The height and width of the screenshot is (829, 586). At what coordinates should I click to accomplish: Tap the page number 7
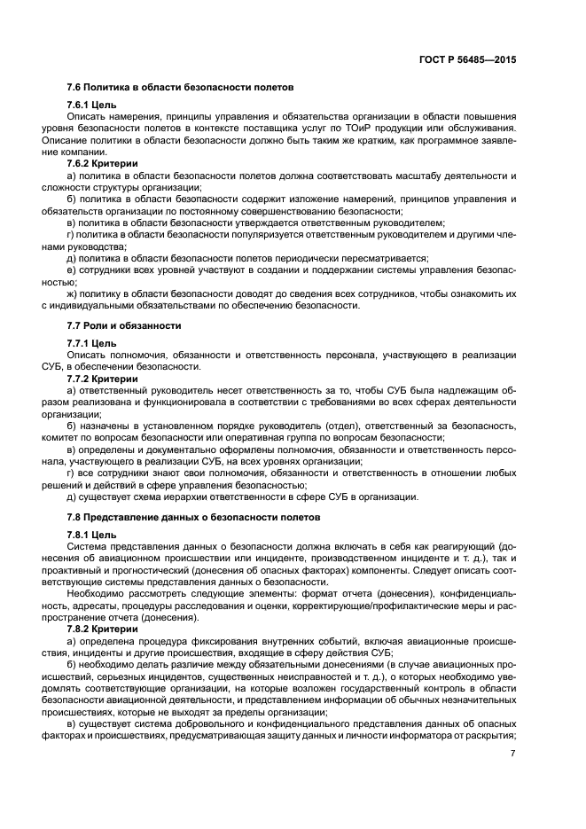[513, 753]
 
